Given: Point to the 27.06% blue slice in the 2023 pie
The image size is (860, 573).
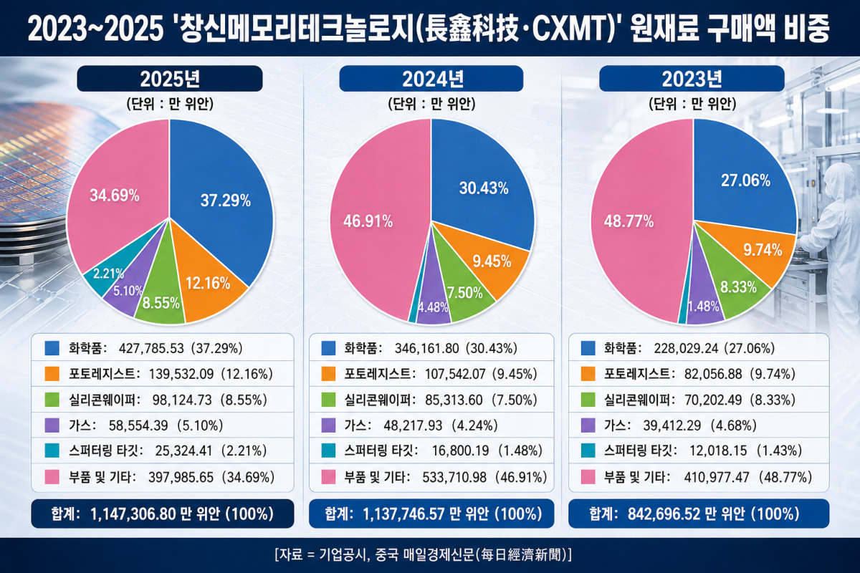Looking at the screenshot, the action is pos(743,180).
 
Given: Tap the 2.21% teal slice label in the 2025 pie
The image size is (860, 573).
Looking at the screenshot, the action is pos(109,274).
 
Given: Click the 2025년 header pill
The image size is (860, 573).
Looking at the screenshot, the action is pos(170,79).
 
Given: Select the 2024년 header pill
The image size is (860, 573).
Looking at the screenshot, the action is pos(431,79).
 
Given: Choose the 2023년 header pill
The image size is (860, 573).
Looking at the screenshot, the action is pos(692,79).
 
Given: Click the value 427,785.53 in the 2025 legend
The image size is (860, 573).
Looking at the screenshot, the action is pos(151,348).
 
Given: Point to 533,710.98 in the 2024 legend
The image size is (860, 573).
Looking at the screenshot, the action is pos(454,477).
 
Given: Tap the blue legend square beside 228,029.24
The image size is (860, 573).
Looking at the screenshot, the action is pos(588,348).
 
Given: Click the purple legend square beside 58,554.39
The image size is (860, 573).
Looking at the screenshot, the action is pos(52,425).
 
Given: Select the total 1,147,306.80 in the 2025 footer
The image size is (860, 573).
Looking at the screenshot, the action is pos(133,514).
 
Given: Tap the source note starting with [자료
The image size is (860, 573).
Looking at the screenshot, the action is pos(423,554).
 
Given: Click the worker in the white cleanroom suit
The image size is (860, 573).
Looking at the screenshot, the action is pos(833,238).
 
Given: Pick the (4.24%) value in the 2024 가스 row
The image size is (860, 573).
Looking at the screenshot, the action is pos(474,425).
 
